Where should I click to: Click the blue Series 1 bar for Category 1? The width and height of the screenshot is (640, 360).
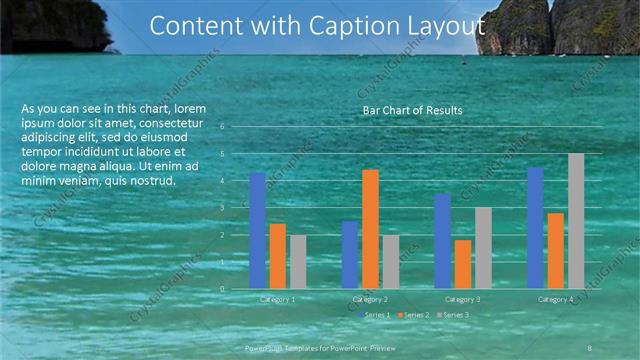point(257,230)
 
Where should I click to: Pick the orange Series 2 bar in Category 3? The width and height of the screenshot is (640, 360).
point(463,263)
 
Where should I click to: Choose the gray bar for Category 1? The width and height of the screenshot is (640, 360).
point(298,261)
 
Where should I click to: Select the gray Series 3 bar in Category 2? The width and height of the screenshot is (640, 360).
point(390,261)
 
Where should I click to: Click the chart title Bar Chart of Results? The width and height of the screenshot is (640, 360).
point(412,110)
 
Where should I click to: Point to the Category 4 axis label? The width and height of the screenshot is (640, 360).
point(556,300)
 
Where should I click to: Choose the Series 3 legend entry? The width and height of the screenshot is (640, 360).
point(455,315)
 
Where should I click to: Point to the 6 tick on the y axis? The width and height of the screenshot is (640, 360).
point(236,127)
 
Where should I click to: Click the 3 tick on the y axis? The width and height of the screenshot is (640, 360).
point(236,208)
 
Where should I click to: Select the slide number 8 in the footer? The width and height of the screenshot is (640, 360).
point(592,346)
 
